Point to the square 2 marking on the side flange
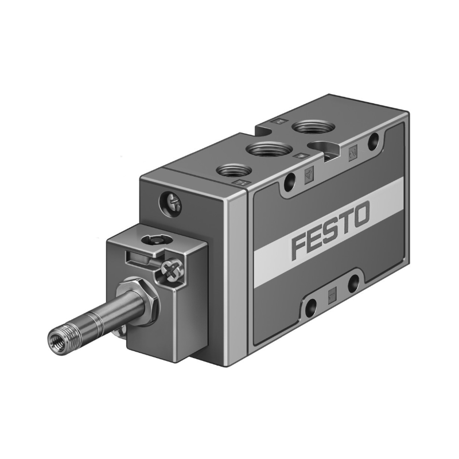[354, 151]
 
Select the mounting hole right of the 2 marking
[374, 138]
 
